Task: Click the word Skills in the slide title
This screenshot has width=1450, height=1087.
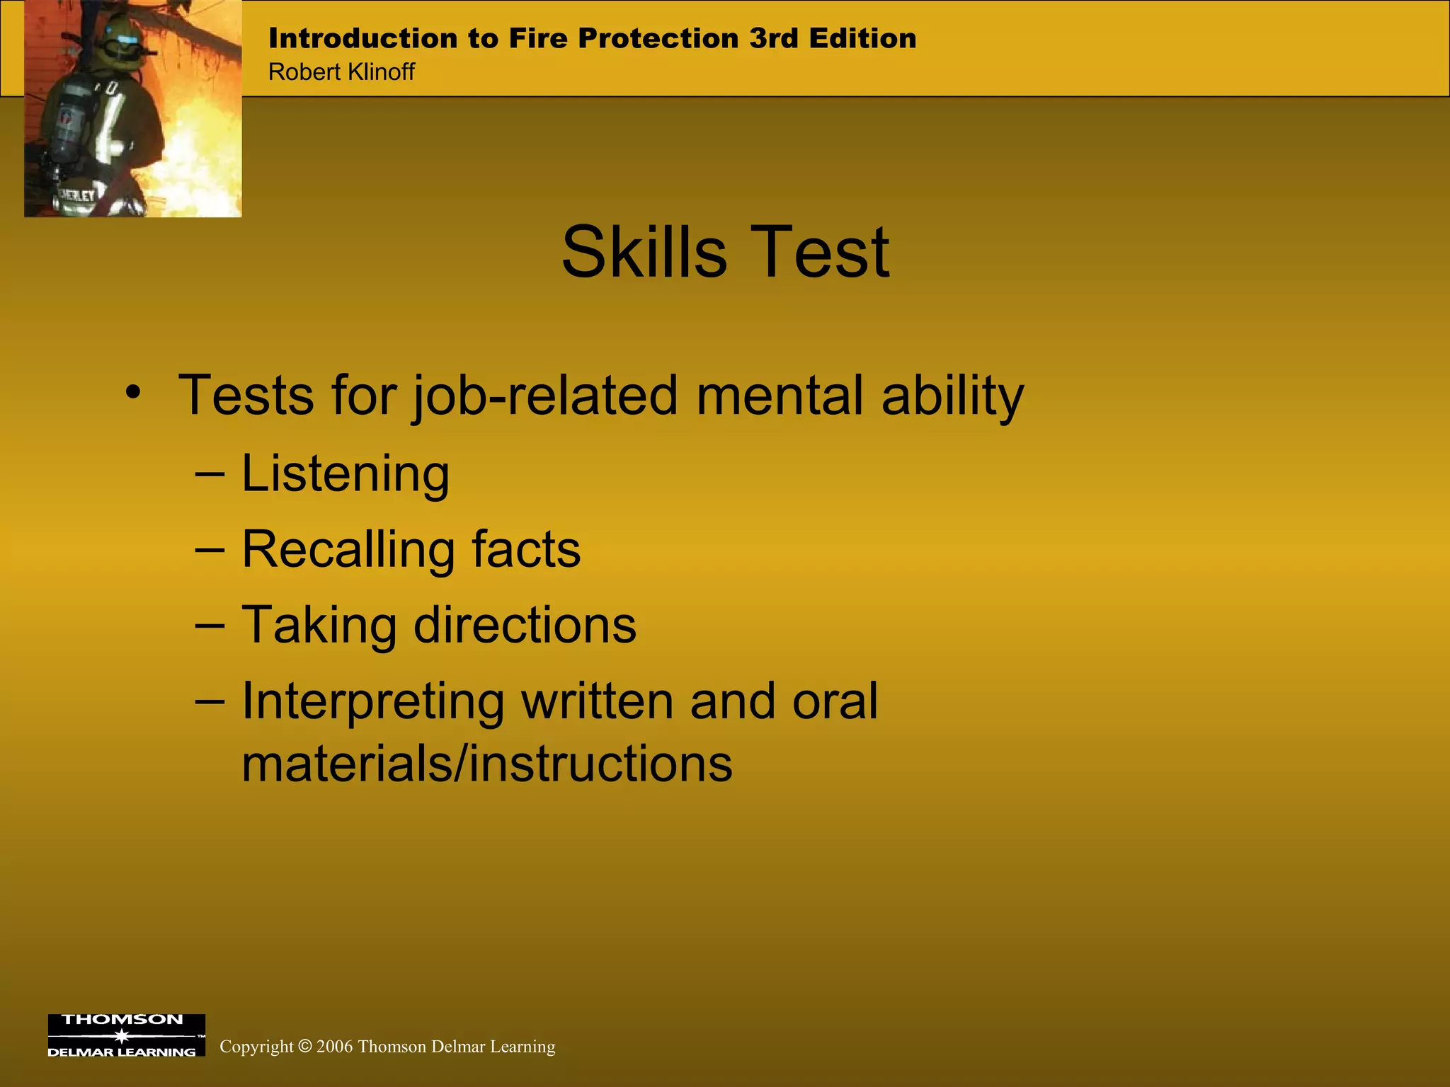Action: pyautogui.click(x=644, y=253)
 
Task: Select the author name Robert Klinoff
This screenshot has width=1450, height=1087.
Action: pyautogui.click(x=341, y=72)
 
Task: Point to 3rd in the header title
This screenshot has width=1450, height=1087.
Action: pyautogui.click(x=774, y=38)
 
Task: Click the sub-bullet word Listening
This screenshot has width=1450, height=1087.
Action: pyautogui.click(x=346, y=473)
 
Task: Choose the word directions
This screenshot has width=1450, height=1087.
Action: pyautogui.click(x=525, y=626)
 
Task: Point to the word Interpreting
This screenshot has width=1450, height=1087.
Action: pyautogui.click(x=372, y=702)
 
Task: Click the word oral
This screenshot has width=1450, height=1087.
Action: pyautogui.click(x=835, y=701)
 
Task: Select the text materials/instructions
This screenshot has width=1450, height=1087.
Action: pyautogui.click(x=487, y=764)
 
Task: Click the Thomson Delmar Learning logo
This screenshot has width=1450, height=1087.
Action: pyautogui.click(x=126, y=1035)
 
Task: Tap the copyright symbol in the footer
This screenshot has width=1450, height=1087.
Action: pyautogui.click(x=304, y=1046)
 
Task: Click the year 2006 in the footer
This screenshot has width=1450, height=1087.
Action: pyautogui.click(x=335, y=1046)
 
